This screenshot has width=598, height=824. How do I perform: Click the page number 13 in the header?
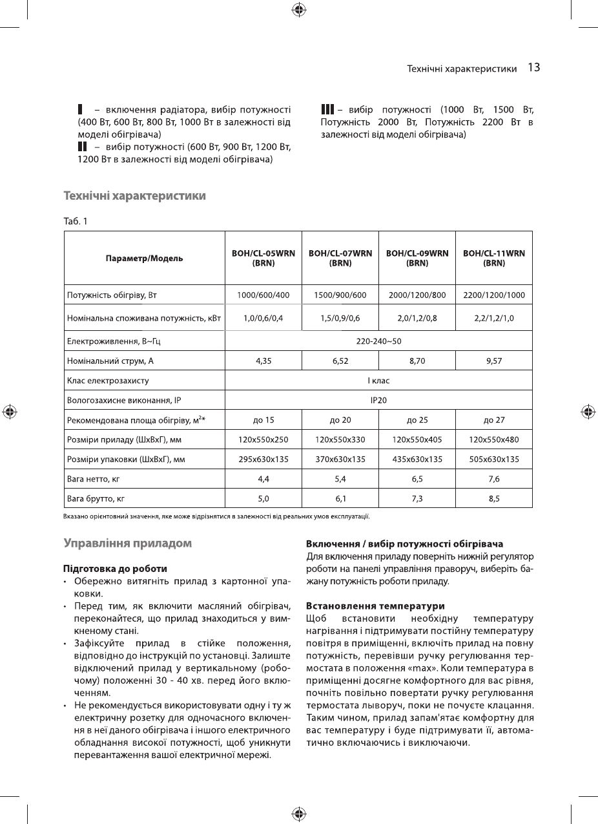(x=533, y=67)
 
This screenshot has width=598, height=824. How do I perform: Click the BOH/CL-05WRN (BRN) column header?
(x=263, y=258)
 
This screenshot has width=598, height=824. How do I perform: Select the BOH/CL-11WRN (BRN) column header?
(x=494, y=258)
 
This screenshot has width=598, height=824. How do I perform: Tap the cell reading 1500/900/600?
(x=340, y=295)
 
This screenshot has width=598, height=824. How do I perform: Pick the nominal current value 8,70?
(x=417, y=361)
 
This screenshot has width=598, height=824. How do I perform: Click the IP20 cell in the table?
(x=378, y=401)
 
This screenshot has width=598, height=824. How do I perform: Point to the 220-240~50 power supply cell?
(x=378, y=341)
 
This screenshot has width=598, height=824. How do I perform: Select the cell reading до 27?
(x=494, y=420)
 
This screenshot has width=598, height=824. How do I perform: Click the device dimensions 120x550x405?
(x=417, y=440)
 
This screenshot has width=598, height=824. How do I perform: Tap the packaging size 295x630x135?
(x=263, y=460)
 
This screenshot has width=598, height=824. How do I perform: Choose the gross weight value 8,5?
(x=494, y=498)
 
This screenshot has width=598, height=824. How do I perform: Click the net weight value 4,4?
(x=263, y=479)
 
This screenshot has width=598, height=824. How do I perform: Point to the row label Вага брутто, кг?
(x=96, y=498)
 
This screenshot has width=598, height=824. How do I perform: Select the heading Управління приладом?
(x=127, y=544)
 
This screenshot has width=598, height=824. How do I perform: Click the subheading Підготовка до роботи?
(x=115, y=569)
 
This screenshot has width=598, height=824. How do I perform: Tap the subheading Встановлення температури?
(x=375, y=606)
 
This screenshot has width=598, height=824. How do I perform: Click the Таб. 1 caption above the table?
(x=75, y=222)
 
